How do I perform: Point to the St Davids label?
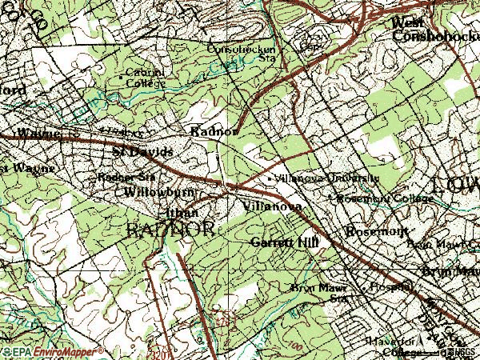tap(142, 150)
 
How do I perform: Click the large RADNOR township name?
tap(170, 229)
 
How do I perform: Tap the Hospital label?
tap(390, 286)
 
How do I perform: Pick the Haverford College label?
tap(396, 345)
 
